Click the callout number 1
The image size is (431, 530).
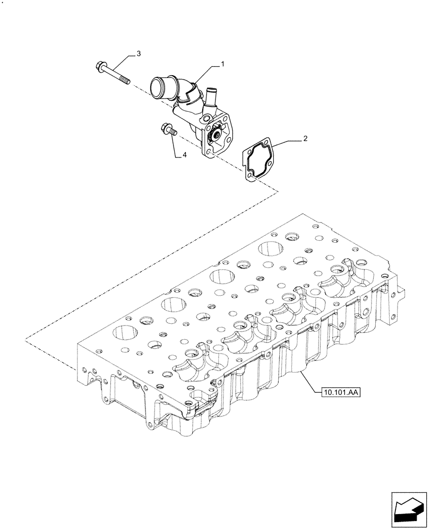tap(222, 64)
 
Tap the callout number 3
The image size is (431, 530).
tap(139, 54)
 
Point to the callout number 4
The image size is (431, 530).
tap(185, 155)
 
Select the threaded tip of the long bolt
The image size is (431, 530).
tap(126, 81)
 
